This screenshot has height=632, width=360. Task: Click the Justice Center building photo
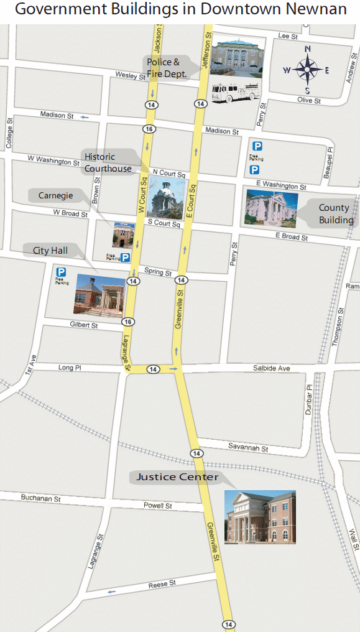click(260, 516)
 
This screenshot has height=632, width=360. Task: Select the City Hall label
click(50, 251)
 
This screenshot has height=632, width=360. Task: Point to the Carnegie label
click(56, 195)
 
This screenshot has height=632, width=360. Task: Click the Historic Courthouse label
click(108, 162)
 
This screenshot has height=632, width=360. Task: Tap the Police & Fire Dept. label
click(167, 67)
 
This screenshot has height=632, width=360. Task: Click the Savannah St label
click(247, 448)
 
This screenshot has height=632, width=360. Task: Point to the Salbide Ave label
click(271, 368)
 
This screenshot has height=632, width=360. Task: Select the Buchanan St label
click(40, 498)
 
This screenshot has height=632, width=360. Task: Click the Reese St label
click(162, 584)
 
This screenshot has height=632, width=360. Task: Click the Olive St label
click(308, 100)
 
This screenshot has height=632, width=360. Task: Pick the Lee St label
click(288, 36)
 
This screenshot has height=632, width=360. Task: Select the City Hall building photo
click(99, 294)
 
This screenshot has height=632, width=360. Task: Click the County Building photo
click(272, 208)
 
